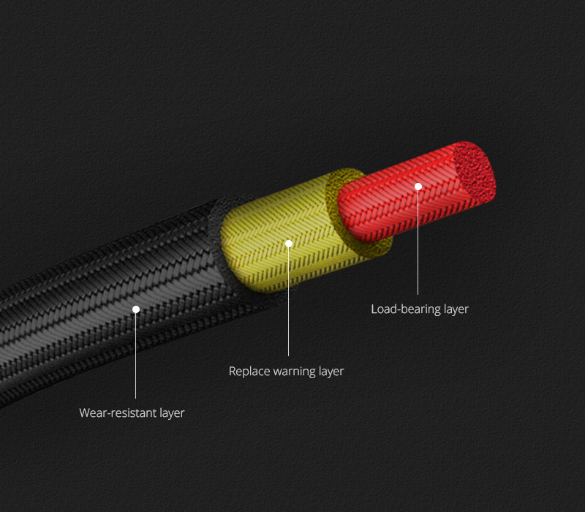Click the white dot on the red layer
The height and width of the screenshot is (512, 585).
pos(418,187)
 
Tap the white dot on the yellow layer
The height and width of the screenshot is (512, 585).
pos(289,244)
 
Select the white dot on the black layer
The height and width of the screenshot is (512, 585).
pos(136,309)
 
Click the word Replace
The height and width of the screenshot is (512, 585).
pos(249,372)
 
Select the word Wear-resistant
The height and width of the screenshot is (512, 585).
pos(118,413)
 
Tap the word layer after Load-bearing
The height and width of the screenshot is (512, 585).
pos(456,309)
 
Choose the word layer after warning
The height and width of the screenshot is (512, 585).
pos(331,372)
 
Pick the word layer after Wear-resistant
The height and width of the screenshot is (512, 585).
pos(172,413)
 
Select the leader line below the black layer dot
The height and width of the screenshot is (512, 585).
pos(136,358)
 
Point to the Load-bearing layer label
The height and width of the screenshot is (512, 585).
pos(420,309)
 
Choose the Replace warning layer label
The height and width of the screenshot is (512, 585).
pos(286,372)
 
